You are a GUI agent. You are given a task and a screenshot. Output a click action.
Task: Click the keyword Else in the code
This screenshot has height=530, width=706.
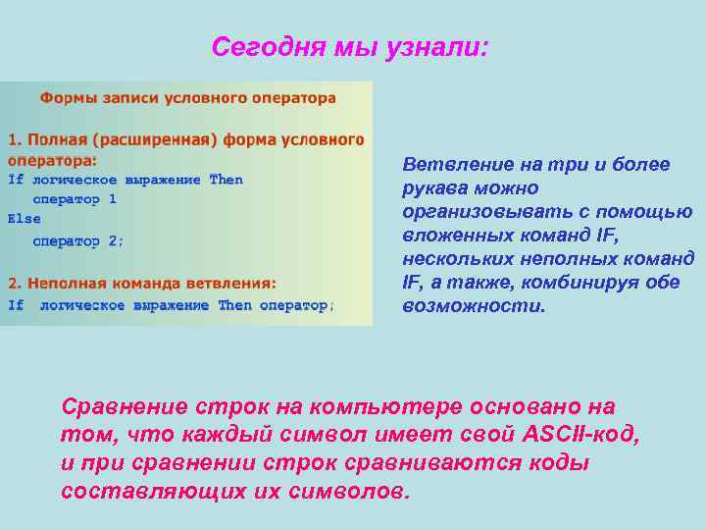(25, 220)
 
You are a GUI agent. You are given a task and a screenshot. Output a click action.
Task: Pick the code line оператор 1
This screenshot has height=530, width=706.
(75, 200)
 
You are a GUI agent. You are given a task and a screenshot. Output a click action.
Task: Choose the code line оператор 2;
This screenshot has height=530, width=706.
(78, 240)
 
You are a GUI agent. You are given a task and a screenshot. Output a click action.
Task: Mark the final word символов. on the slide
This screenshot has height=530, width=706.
(347, 491)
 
